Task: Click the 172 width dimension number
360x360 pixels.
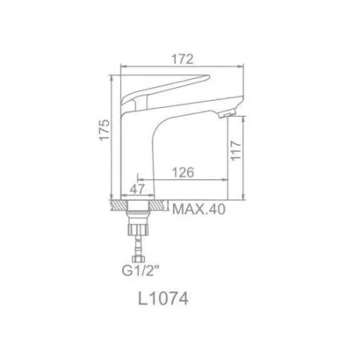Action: (x=184, y=58)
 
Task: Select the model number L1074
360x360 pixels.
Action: (x=162, y=302)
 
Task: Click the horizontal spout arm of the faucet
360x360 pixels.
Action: (x=196, y=106)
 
